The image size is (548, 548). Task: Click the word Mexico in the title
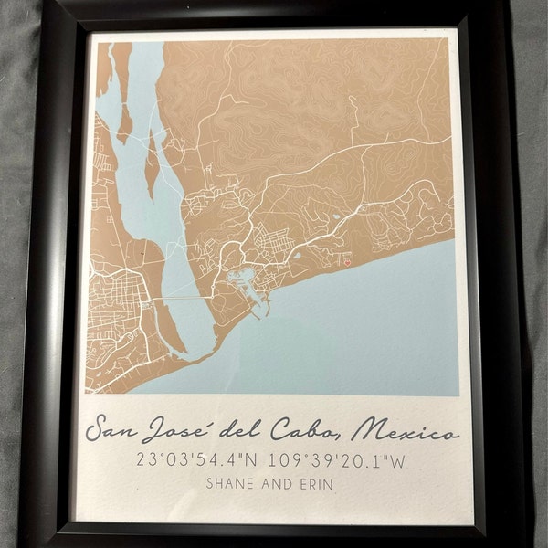click(408, 430)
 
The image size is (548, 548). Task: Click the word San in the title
click(117, 430)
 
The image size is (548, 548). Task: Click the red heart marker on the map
click(350, 259)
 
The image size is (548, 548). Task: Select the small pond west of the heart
click(336, 217)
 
